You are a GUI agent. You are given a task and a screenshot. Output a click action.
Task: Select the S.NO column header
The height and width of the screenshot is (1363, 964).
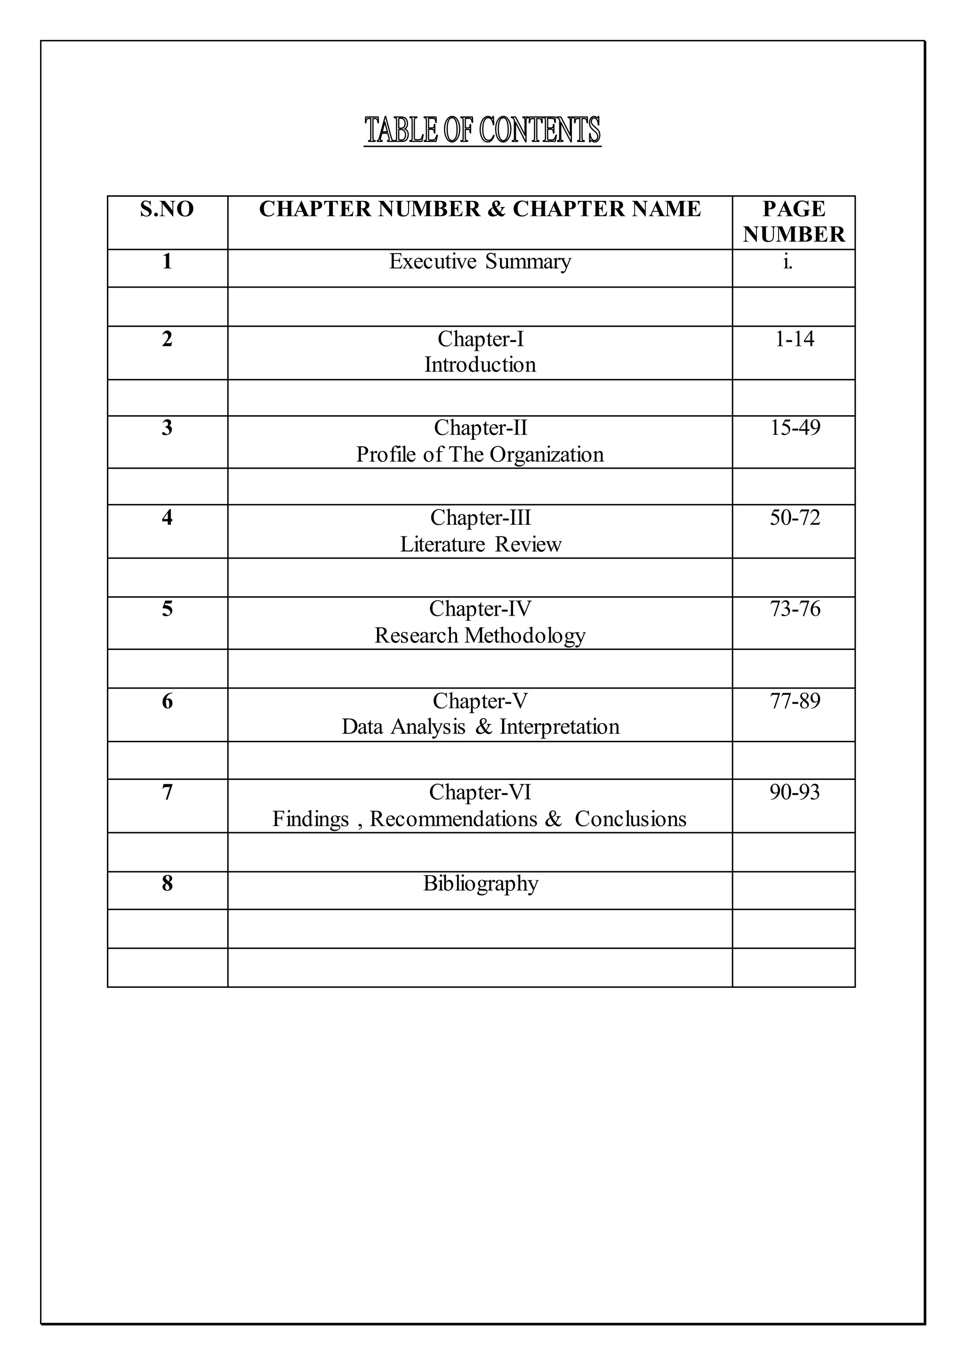[x=167, y=209]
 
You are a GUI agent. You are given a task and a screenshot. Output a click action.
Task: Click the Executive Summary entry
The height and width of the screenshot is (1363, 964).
[x=480, y=262]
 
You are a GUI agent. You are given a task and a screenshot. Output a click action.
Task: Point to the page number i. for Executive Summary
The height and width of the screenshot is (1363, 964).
[x=787, y=262]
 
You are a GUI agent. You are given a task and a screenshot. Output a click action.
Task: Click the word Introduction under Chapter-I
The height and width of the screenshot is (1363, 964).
[x=480, y=364]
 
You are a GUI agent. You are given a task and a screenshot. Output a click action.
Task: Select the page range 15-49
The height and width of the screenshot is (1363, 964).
[x=795, y=428]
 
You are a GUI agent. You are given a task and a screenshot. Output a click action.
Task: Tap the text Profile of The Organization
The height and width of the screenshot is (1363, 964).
[x=480, y=455]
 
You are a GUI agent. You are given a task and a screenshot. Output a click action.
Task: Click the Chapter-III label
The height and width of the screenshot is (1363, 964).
[x=480, y=518]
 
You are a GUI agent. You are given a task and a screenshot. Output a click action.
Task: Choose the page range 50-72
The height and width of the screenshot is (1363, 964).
[x=795, y=518]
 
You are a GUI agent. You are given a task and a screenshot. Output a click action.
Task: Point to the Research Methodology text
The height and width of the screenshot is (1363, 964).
[x=480, y=636]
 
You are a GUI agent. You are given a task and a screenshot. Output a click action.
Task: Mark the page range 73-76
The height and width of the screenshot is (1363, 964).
[x=795, y=609]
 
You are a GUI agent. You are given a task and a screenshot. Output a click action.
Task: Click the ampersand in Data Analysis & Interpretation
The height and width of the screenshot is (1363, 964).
[x=484, y=727]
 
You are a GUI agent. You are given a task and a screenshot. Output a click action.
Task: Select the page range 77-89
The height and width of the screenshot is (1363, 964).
[x=795, y=701]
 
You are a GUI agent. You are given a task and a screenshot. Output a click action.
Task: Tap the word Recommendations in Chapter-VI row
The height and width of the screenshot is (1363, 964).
[x=453, y=819]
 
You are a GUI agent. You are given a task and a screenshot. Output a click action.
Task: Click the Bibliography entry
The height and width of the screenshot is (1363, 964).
[x=480, y=884]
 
